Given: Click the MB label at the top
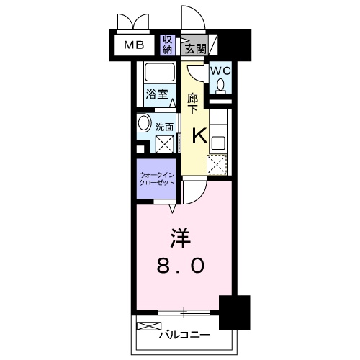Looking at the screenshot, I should [x=133, y=45].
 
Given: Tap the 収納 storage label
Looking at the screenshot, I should [x=167, y=45].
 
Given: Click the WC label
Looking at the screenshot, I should [x=220, y=71].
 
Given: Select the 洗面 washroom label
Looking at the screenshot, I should [x=165, y=127].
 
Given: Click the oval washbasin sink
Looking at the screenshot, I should [x=143, y=124].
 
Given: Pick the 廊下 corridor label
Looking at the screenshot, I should [x=192, y=103].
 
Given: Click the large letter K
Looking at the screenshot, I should [x=198, y=135].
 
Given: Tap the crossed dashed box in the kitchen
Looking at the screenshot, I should [x=217, y=165].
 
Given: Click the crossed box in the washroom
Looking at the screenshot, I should [x=166, y=144].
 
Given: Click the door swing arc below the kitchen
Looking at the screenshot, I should [x=192, y=192].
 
